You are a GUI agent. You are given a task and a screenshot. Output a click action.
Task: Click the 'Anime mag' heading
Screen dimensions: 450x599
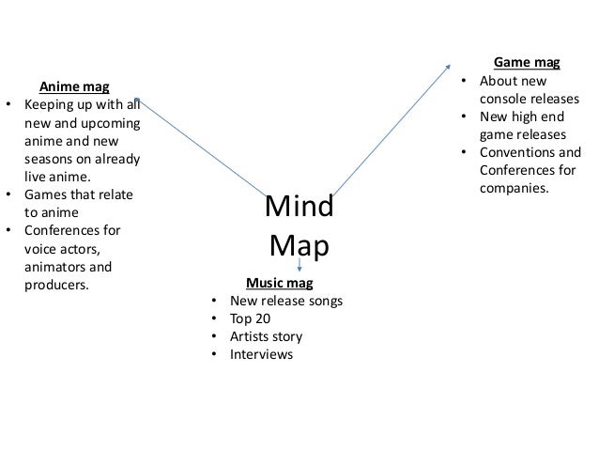(x=72, y=86)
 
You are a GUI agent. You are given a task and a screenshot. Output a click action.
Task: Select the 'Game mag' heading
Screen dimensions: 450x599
(x=527, y=63)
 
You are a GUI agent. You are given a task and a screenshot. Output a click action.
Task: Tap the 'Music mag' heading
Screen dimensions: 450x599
(x=279, y=282)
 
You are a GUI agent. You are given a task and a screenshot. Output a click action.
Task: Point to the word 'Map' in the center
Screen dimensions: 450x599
(x=299, y=245)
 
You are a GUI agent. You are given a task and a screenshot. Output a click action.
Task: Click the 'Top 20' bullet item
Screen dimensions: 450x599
(x=251, y=318)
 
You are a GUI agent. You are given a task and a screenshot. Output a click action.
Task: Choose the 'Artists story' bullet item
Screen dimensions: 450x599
(x=267, y=335)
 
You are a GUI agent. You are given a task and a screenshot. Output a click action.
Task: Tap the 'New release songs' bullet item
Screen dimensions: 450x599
(x=286, y=301)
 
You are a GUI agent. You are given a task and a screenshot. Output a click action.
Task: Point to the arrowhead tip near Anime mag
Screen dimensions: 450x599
(x=138, y=98)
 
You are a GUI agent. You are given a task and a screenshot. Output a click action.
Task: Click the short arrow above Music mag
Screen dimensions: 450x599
(x=299, y=267)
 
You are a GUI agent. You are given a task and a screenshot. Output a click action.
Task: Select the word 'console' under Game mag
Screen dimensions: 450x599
(x=504, y=99)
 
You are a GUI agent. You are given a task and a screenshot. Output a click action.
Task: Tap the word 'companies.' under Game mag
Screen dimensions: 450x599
(x=515, y=188)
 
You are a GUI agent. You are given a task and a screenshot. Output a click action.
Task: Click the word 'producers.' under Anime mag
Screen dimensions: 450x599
(x=55, y=283)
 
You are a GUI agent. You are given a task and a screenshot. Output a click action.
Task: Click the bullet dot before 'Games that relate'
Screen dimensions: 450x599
(x=9, y=194)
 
